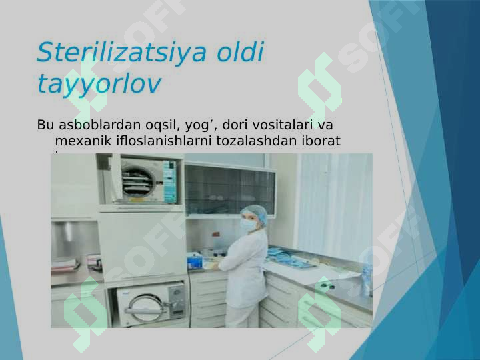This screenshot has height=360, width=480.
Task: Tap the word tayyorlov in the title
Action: tap(99, 84)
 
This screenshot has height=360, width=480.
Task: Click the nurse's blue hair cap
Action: tap(254, 214)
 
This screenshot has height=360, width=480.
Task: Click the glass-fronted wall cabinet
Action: tap(229, 190)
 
